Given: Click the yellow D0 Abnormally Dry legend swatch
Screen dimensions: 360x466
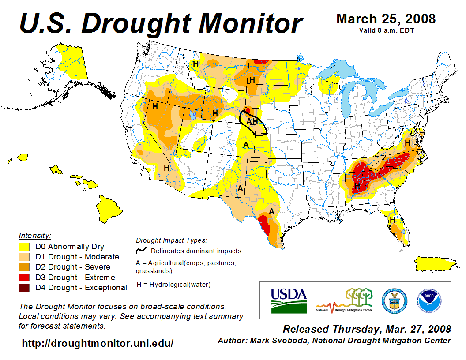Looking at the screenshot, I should (x=24, y=247).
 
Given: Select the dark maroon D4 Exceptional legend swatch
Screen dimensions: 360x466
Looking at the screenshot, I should (x=24, y=288).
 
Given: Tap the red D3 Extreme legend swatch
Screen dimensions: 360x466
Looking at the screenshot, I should (x=24, y=277).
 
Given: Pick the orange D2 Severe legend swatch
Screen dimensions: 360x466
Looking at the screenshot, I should (x=24, y=267).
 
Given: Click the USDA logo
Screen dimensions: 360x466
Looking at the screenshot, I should (x=289, y=300).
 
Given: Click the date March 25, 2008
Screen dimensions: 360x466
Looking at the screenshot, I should (x=386, y=19).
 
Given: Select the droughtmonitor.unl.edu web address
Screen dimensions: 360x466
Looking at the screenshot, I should (x=98, y=343).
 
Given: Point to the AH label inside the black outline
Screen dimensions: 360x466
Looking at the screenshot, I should (x=252, y=121).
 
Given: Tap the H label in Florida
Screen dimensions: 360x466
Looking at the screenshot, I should (x=392, y=220).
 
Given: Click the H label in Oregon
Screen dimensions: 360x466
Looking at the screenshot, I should (x=155, y=106).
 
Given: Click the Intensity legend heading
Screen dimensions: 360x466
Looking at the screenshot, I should (x=35, y=235).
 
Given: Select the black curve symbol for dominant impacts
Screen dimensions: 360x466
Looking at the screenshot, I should (x=141, y=250).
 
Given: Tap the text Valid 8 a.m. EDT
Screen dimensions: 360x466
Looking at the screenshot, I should (x=386, y=30).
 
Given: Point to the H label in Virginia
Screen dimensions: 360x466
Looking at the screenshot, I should (x=408, y=143).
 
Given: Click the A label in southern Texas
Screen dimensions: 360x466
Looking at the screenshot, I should (x=272, y=211).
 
